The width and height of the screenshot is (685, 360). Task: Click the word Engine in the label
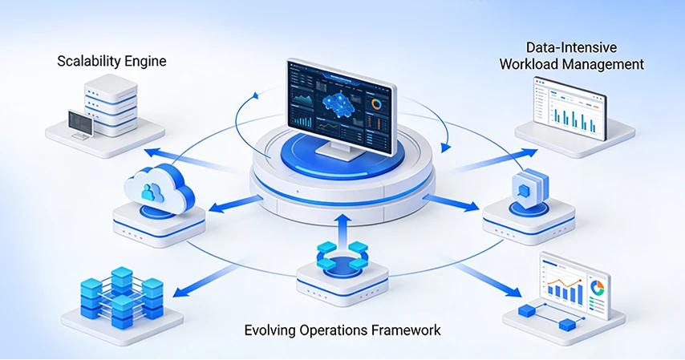tap(145, 61)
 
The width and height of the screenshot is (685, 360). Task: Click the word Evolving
tap(273, 330)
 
